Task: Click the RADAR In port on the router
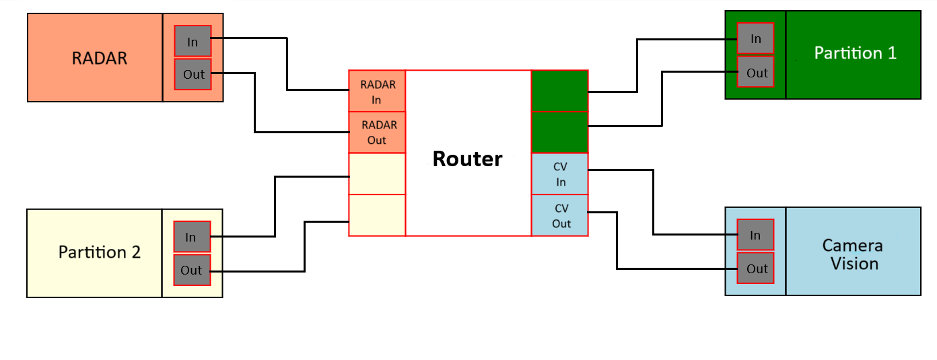tap(377, 92)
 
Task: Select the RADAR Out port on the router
tap(377, 133)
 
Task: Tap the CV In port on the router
tap(560, 174)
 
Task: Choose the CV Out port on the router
tap(560, 215)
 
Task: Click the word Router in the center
tap(467, 159)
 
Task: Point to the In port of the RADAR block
tap(193, 41)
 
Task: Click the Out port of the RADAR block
tap(193, 74)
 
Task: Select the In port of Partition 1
tap(755, 39)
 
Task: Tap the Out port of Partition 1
tap(755, 72)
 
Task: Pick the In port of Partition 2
tap(192, 237)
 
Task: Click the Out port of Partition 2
tap(192, 270)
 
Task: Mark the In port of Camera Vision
tap(755, 235)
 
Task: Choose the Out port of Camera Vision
tap(755, 268)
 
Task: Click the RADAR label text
tap(100, 58)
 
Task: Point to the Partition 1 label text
tap(855, 53)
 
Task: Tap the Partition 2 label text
tap(100, 252)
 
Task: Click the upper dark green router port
tap(560, 92)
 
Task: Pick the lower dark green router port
tap(560, 133)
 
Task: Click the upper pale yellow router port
tap(377, 174)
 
